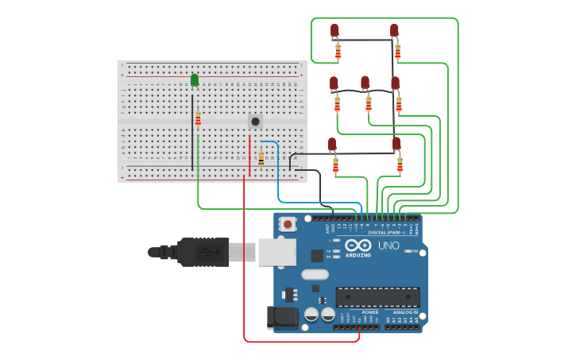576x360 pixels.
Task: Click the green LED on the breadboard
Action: tap(195, 80)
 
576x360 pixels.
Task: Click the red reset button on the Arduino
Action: tap(288, 225)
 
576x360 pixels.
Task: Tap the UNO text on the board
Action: tap(389, 246)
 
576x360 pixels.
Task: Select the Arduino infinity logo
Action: tap(358, 246)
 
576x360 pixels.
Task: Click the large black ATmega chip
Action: tap(377, 297)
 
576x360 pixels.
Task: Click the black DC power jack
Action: tap(282, 317)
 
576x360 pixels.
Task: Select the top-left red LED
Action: tap(334, 31)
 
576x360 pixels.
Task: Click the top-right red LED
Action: tap(394, 31)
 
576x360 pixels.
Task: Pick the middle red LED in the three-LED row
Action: tap(365, 83)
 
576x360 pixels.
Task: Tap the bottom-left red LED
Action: tap(332, 145)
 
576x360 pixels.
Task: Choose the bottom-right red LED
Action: tap(396, 144)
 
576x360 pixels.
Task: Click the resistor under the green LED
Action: tap(198, 119)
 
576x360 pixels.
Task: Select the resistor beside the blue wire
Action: tap(261, 158)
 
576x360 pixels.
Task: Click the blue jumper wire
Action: tap(278, 179)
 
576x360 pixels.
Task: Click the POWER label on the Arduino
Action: tap(370, 312)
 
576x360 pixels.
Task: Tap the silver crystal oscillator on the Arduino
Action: tap(315, 274)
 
